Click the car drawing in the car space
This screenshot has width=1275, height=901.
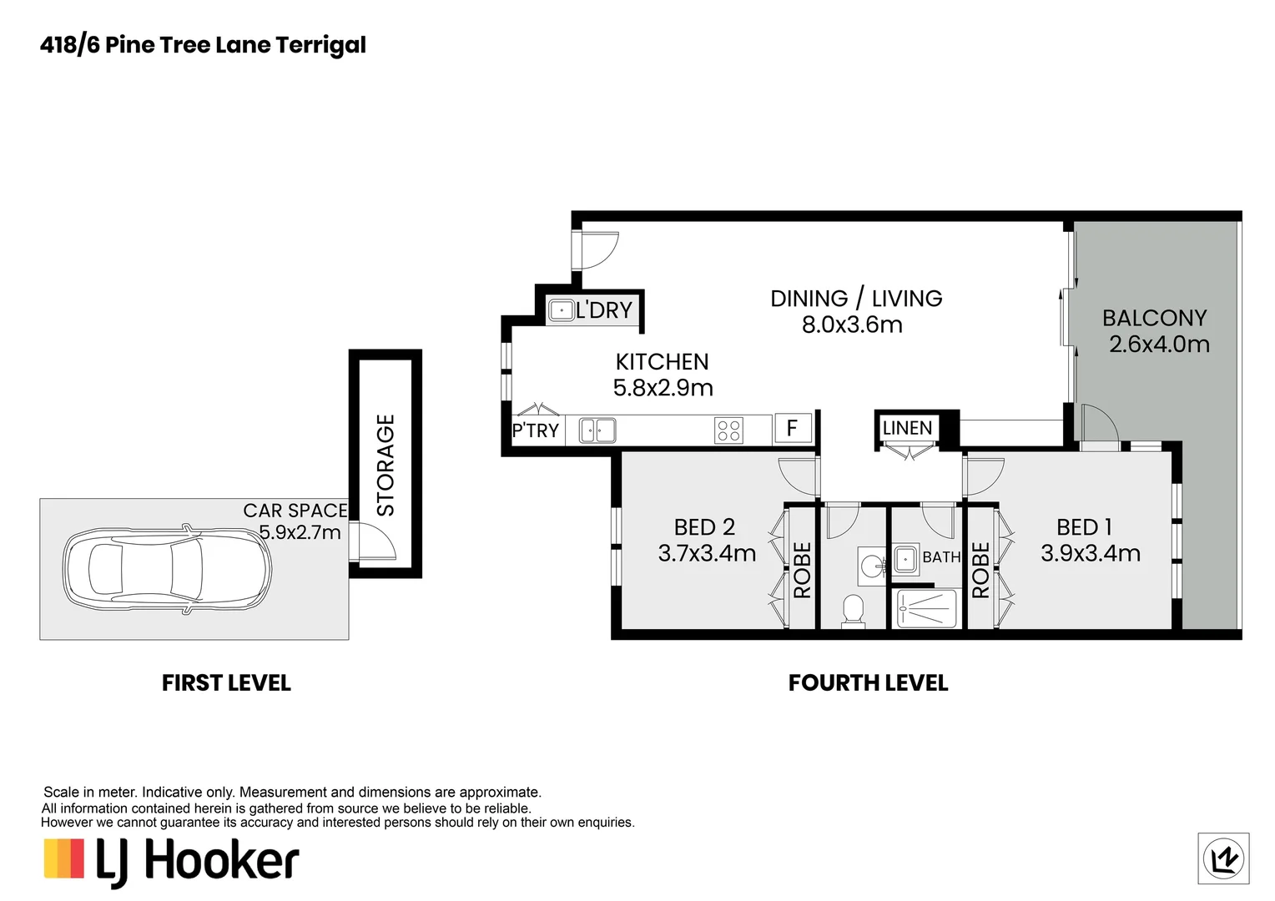(167, 569)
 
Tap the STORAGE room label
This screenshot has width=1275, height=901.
(386, 465)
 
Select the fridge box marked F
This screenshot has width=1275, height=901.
(793, 428)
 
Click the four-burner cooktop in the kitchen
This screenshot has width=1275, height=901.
(728, 430)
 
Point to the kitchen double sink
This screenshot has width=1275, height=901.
(597, 430)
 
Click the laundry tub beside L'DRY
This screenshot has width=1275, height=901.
(562, 310)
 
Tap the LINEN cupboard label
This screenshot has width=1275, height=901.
(907, 428)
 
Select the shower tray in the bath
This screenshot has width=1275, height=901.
(926, 609)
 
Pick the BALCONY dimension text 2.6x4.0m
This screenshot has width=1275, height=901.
(1160, 345)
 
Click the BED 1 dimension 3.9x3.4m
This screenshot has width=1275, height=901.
(1091, 553)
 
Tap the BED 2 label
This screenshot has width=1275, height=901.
(704, 527)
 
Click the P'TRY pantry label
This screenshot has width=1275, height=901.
(536, 430)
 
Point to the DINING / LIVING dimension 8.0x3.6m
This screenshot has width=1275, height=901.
(852, 325)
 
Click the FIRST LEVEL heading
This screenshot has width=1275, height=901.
(226, 683)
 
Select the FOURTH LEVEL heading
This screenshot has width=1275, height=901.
(868, 683)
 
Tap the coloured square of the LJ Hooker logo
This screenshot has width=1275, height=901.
(64, 858)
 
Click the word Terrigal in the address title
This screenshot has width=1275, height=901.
(321, 46)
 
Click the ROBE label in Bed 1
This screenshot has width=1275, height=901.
(980, 570)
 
